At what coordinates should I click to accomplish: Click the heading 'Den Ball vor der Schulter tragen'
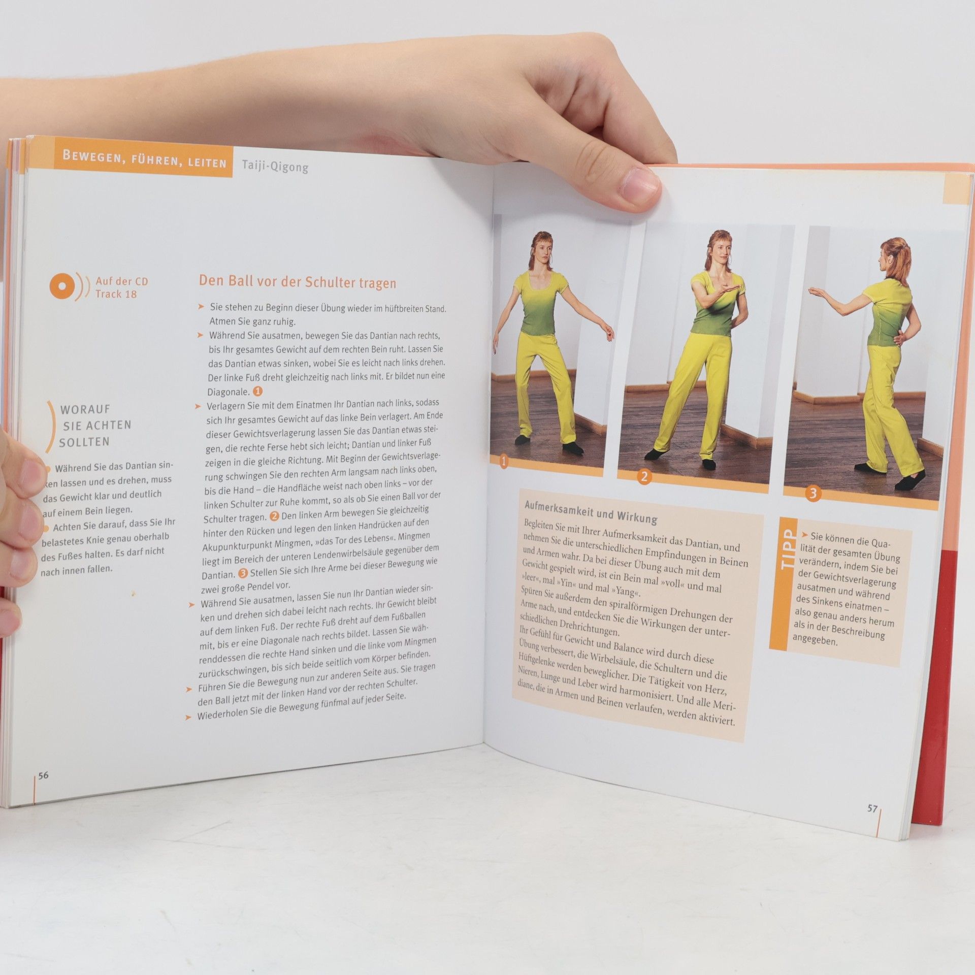(x=297, y=282)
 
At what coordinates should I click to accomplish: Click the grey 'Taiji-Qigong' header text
(x=275, y=166)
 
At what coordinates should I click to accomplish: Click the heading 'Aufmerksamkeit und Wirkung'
(x=591, y=511)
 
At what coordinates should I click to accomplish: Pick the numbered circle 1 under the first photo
(x=504, y=462)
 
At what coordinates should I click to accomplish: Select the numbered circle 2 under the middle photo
(x=644, y=477)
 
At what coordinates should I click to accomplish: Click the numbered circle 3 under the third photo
(x=813, y=493)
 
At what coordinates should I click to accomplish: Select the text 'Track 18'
(x=116, y=294)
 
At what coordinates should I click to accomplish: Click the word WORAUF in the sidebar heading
(x=85, y=409)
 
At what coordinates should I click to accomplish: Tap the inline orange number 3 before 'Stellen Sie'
(x=243, y=573)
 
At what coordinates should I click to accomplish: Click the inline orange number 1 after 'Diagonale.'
(x=257, y=391)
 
